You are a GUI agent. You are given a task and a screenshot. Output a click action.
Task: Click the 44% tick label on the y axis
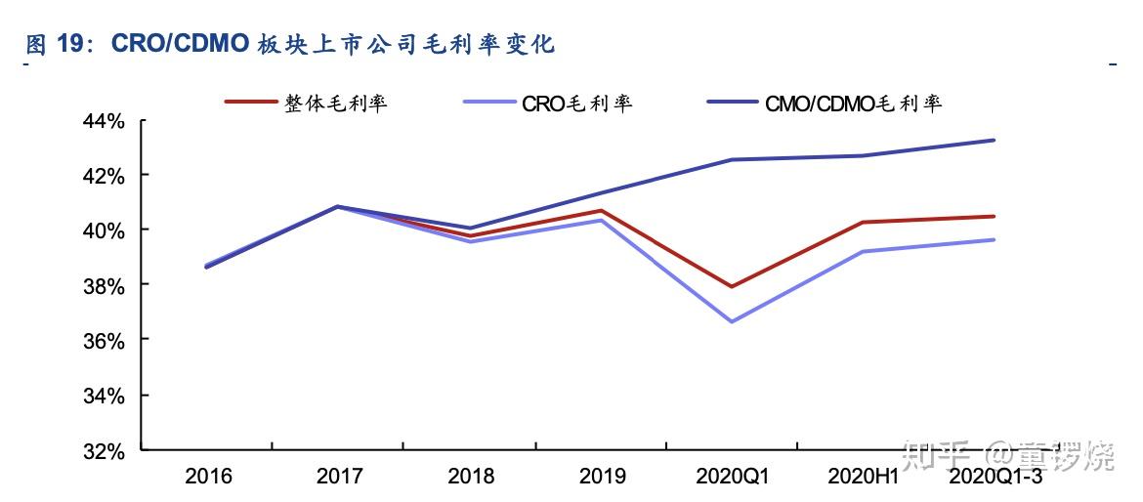[x=104, y=122]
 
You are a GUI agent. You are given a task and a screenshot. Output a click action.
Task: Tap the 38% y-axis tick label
[x=104, y=286]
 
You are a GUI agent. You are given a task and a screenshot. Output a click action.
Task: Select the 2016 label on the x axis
[x=208, y=477]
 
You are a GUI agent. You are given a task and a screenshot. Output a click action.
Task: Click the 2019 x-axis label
[x=602, y=477]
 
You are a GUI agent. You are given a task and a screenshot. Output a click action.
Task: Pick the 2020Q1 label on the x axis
[x=733, y=477]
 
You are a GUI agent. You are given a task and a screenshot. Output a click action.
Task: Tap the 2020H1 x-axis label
[x=864, y=477]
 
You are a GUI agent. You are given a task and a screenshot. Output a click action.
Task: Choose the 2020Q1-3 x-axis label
[x=995, y=477]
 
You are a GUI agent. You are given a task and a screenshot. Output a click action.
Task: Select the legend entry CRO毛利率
[x=576, y=103]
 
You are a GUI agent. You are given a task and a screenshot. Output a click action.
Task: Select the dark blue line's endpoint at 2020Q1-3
[x=995, y=140]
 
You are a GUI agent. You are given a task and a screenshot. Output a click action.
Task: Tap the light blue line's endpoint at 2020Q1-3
[x=995, y=239]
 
